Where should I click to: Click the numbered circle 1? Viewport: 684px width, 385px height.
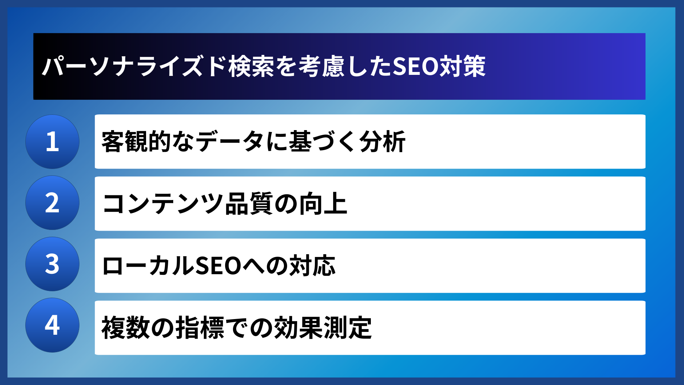click(x=52, y=142)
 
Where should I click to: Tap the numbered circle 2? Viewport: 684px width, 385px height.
click(x=52, y=203)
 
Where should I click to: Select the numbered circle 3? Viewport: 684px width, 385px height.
click(x=52, y=264)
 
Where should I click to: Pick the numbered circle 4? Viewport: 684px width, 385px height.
click(x=52, y=325)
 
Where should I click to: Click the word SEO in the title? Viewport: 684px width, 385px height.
click(x=415, y=66)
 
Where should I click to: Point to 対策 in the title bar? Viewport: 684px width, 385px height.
click(x=462, y=66)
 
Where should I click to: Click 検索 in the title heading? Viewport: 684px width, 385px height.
click(x=251, y=66)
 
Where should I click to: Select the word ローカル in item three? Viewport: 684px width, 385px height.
click(x=148, y=266)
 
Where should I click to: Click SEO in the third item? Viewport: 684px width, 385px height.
click(x=218, y=266)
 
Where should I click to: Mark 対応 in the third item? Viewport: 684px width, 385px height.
click(x=312, y=266)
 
